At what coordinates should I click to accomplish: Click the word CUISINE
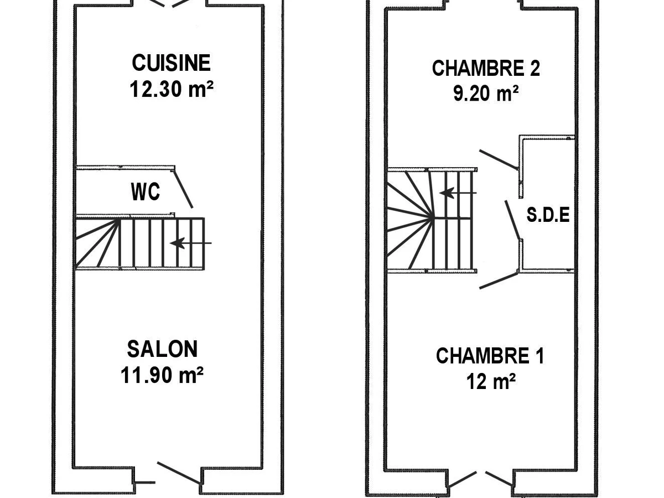[171, 63]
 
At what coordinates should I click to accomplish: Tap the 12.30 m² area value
[172, 89]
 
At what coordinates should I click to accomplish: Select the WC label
[146, 191]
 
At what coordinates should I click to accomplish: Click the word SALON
[163, 349]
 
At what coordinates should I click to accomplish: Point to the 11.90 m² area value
[162, 375]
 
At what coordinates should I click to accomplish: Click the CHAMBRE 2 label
[486, 68]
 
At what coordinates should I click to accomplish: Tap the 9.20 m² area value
[486, 93]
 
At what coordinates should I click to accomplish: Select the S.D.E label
[548, 215]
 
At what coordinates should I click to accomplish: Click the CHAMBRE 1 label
[490, 356]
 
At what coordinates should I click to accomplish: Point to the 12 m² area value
[491, 381]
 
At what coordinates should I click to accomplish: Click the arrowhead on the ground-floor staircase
[178, 243]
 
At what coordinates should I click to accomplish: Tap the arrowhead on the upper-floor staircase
[447, 193]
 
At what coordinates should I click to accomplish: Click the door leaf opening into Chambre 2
[499, 159]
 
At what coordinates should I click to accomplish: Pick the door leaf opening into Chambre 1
[499, 281]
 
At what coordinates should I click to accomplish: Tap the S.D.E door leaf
[512, 220]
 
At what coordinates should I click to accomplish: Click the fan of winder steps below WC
[97, 243]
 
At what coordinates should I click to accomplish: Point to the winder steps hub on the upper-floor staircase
[433, 217]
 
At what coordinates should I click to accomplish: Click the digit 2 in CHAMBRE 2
[535, 68]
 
